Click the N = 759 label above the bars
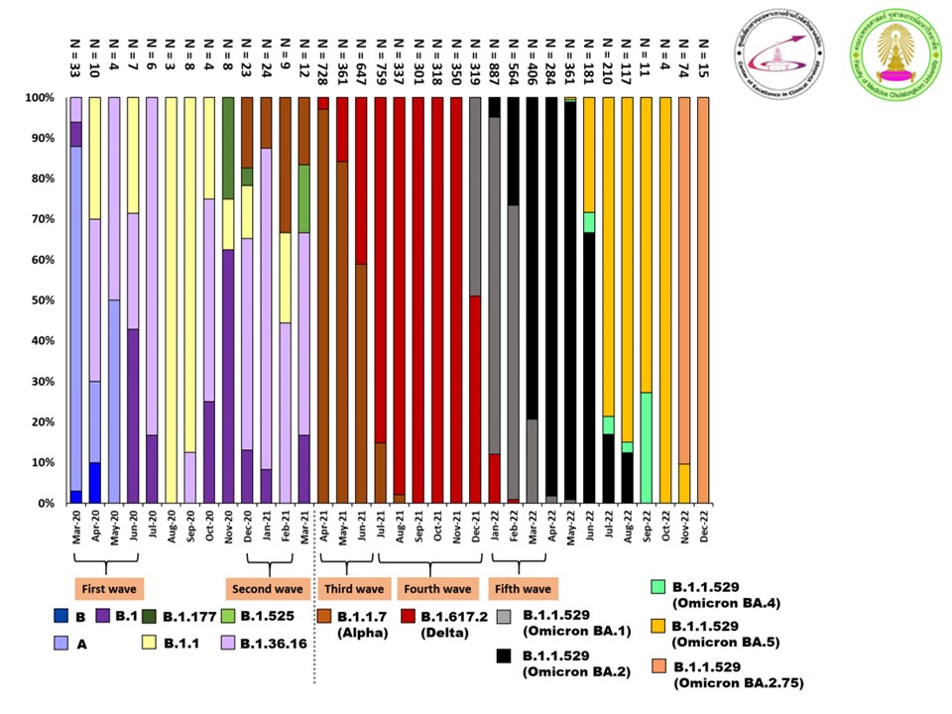pos(382,59)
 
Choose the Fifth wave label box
pos(524,589)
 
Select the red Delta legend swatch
pos(410,616)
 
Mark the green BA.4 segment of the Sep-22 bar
pos(647,447)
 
